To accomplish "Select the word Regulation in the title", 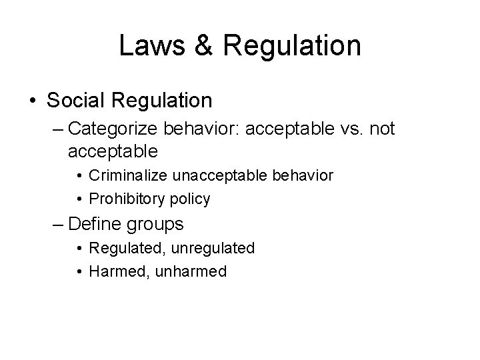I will (x=293, y=46).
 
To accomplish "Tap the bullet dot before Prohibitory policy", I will (x=79, y=199).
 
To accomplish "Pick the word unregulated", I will (x=213, y=249).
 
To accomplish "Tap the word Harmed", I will (x=115, y=272).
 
